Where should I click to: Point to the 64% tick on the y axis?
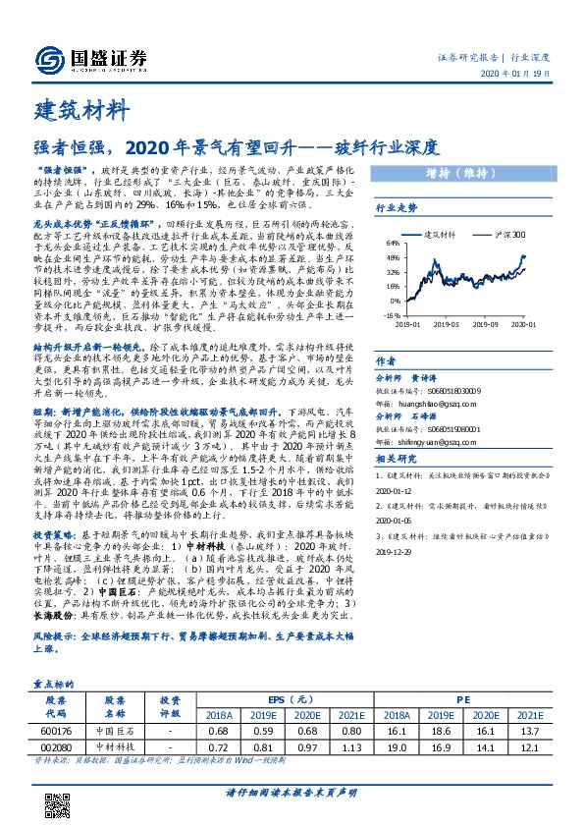tap(390, 242)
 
